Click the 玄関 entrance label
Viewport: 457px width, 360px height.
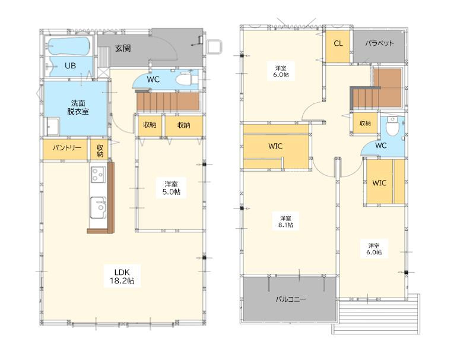click(123, 48)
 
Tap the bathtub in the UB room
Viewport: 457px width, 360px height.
click(69, 46)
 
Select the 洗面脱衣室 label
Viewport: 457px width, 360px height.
click(78, 107)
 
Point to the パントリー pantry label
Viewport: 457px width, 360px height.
click(66, 148)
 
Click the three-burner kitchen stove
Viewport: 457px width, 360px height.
click(98, 174)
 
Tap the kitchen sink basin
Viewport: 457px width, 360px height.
click(98, 207)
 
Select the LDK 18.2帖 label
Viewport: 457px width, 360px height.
click(122, 277)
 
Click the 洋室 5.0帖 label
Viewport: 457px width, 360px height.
click(171, 188)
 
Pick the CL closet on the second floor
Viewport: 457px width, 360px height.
click(338, 47)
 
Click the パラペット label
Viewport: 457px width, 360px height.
click(379, 43)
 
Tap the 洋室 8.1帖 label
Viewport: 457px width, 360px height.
click(285, 222)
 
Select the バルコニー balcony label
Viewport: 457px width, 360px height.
click(291, 299)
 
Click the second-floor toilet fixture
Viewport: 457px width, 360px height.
click(392, 126)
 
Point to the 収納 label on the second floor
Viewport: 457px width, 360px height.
click(365, 124)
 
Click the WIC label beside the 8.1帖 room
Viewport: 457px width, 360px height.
click(275, 146)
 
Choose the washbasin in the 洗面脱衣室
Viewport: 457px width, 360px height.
click(53, 127)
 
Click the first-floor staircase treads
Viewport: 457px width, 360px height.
click(168, 101)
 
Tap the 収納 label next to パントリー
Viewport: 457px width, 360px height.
click(100, 150)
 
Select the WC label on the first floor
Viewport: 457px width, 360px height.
click(153, 79)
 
